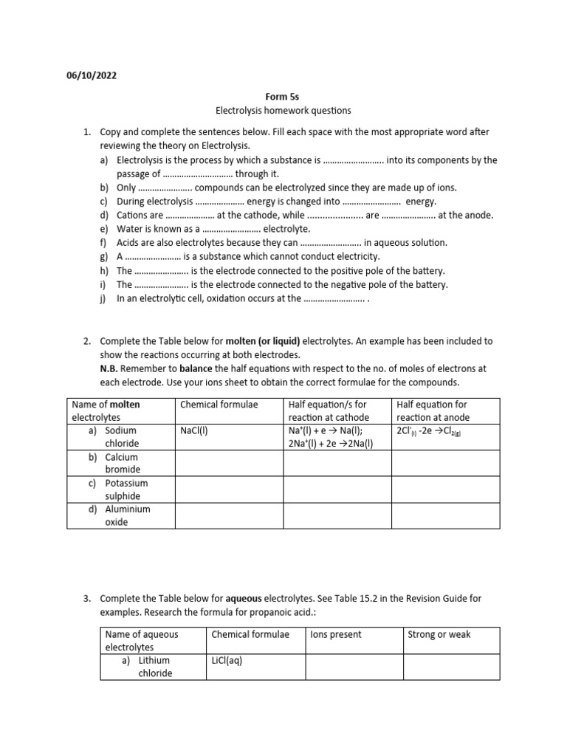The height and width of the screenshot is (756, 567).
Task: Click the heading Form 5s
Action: (283, 97)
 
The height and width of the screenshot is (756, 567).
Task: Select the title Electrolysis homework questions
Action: (283, 111)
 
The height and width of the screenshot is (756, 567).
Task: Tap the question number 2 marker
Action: (86, 341)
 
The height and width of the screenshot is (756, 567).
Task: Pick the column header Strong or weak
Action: (439, 634)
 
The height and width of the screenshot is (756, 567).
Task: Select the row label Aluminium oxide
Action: (127, 515)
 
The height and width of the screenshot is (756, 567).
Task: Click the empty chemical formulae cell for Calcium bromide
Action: (228, 463)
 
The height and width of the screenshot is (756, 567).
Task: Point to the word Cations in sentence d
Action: (132, 216)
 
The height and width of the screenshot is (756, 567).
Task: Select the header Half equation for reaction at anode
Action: (433, 410)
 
